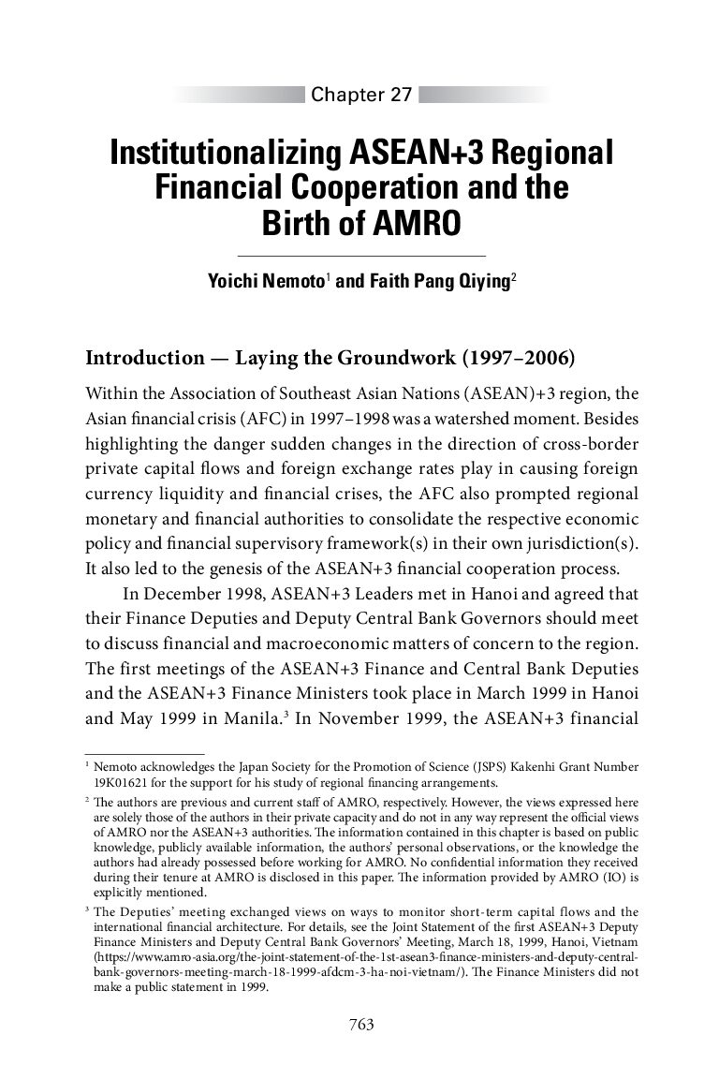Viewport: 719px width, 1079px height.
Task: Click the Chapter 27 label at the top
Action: click(x=361, y=95)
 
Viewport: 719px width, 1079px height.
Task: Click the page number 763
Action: click(x=361, y=1025)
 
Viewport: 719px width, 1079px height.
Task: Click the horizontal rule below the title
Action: click(x=361, y=256)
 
